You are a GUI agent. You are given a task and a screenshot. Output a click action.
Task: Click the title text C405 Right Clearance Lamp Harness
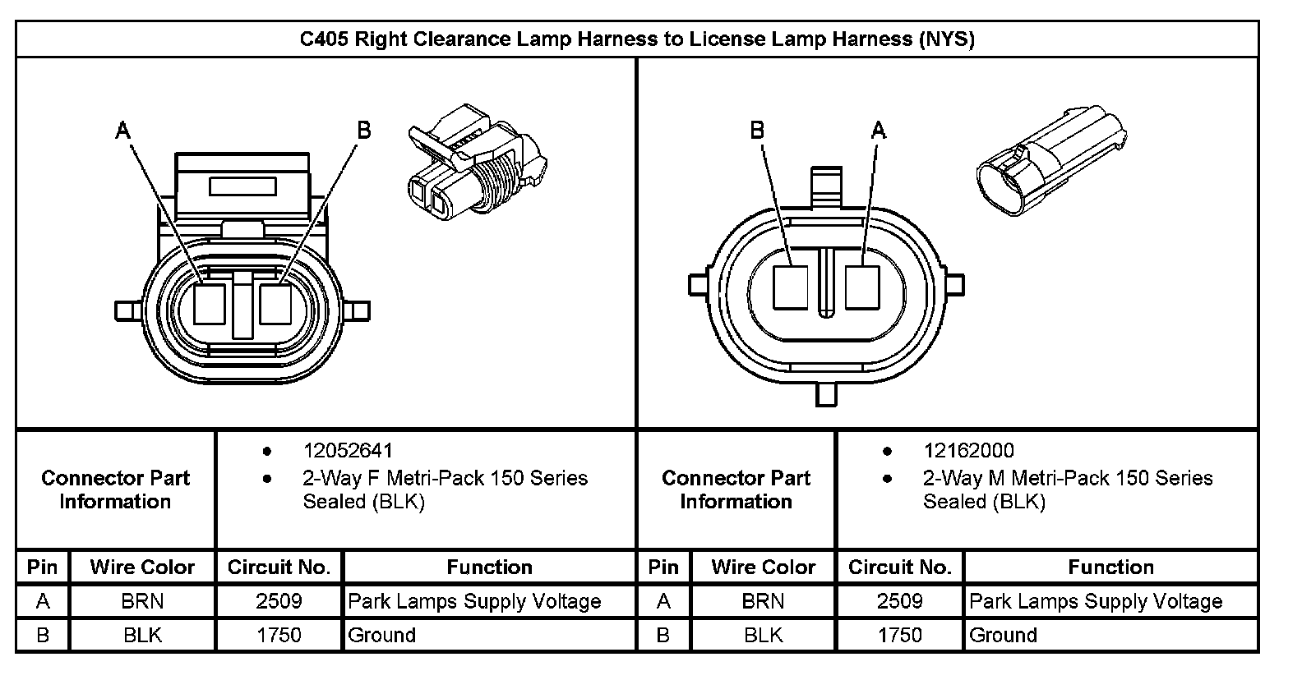pos(637,39)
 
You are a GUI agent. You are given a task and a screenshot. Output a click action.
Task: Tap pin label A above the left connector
pos(123,130)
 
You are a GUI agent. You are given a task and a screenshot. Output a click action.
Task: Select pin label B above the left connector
pos(363,130)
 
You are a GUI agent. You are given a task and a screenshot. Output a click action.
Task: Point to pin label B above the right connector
pos(757,130)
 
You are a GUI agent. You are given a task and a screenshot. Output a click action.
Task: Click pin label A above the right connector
pos(879,130)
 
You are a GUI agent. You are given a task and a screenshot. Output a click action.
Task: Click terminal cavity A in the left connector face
pos(210,304)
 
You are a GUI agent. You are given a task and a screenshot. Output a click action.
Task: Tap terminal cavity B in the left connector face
pos(276,304)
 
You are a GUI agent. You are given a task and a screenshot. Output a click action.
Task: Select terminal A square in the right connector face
pos(862,287)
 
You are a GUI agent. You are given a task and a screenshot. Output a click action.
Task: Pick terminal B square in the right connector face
pos(791,287)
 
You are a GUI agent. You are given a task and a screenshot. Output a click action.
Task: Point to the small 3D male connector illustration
pos(1050,161)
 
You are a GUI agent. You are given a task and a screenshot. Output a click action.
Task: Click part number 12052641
pos(348,451)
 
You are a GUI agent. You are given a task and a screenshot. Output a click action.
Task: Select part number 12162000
pos(968,451)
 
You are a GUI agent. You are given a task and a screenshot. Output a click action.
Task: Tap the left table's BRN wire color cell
pos(142,601)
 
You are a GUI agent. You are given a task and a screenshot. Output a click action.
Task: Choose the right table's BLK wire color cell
pos(763,635)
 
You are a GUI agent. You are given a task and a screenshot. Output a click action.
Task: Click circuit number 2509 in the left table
pos(279,601)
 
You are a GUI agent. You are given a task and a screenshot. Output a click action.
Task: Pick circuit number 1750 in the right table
pos(899,635)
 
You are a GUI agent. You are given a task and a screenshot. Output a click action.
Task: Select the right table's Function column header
pos(1110,567)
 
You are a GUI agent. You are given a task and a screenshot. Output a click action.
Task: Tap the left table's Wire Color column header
pos(142,567)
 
